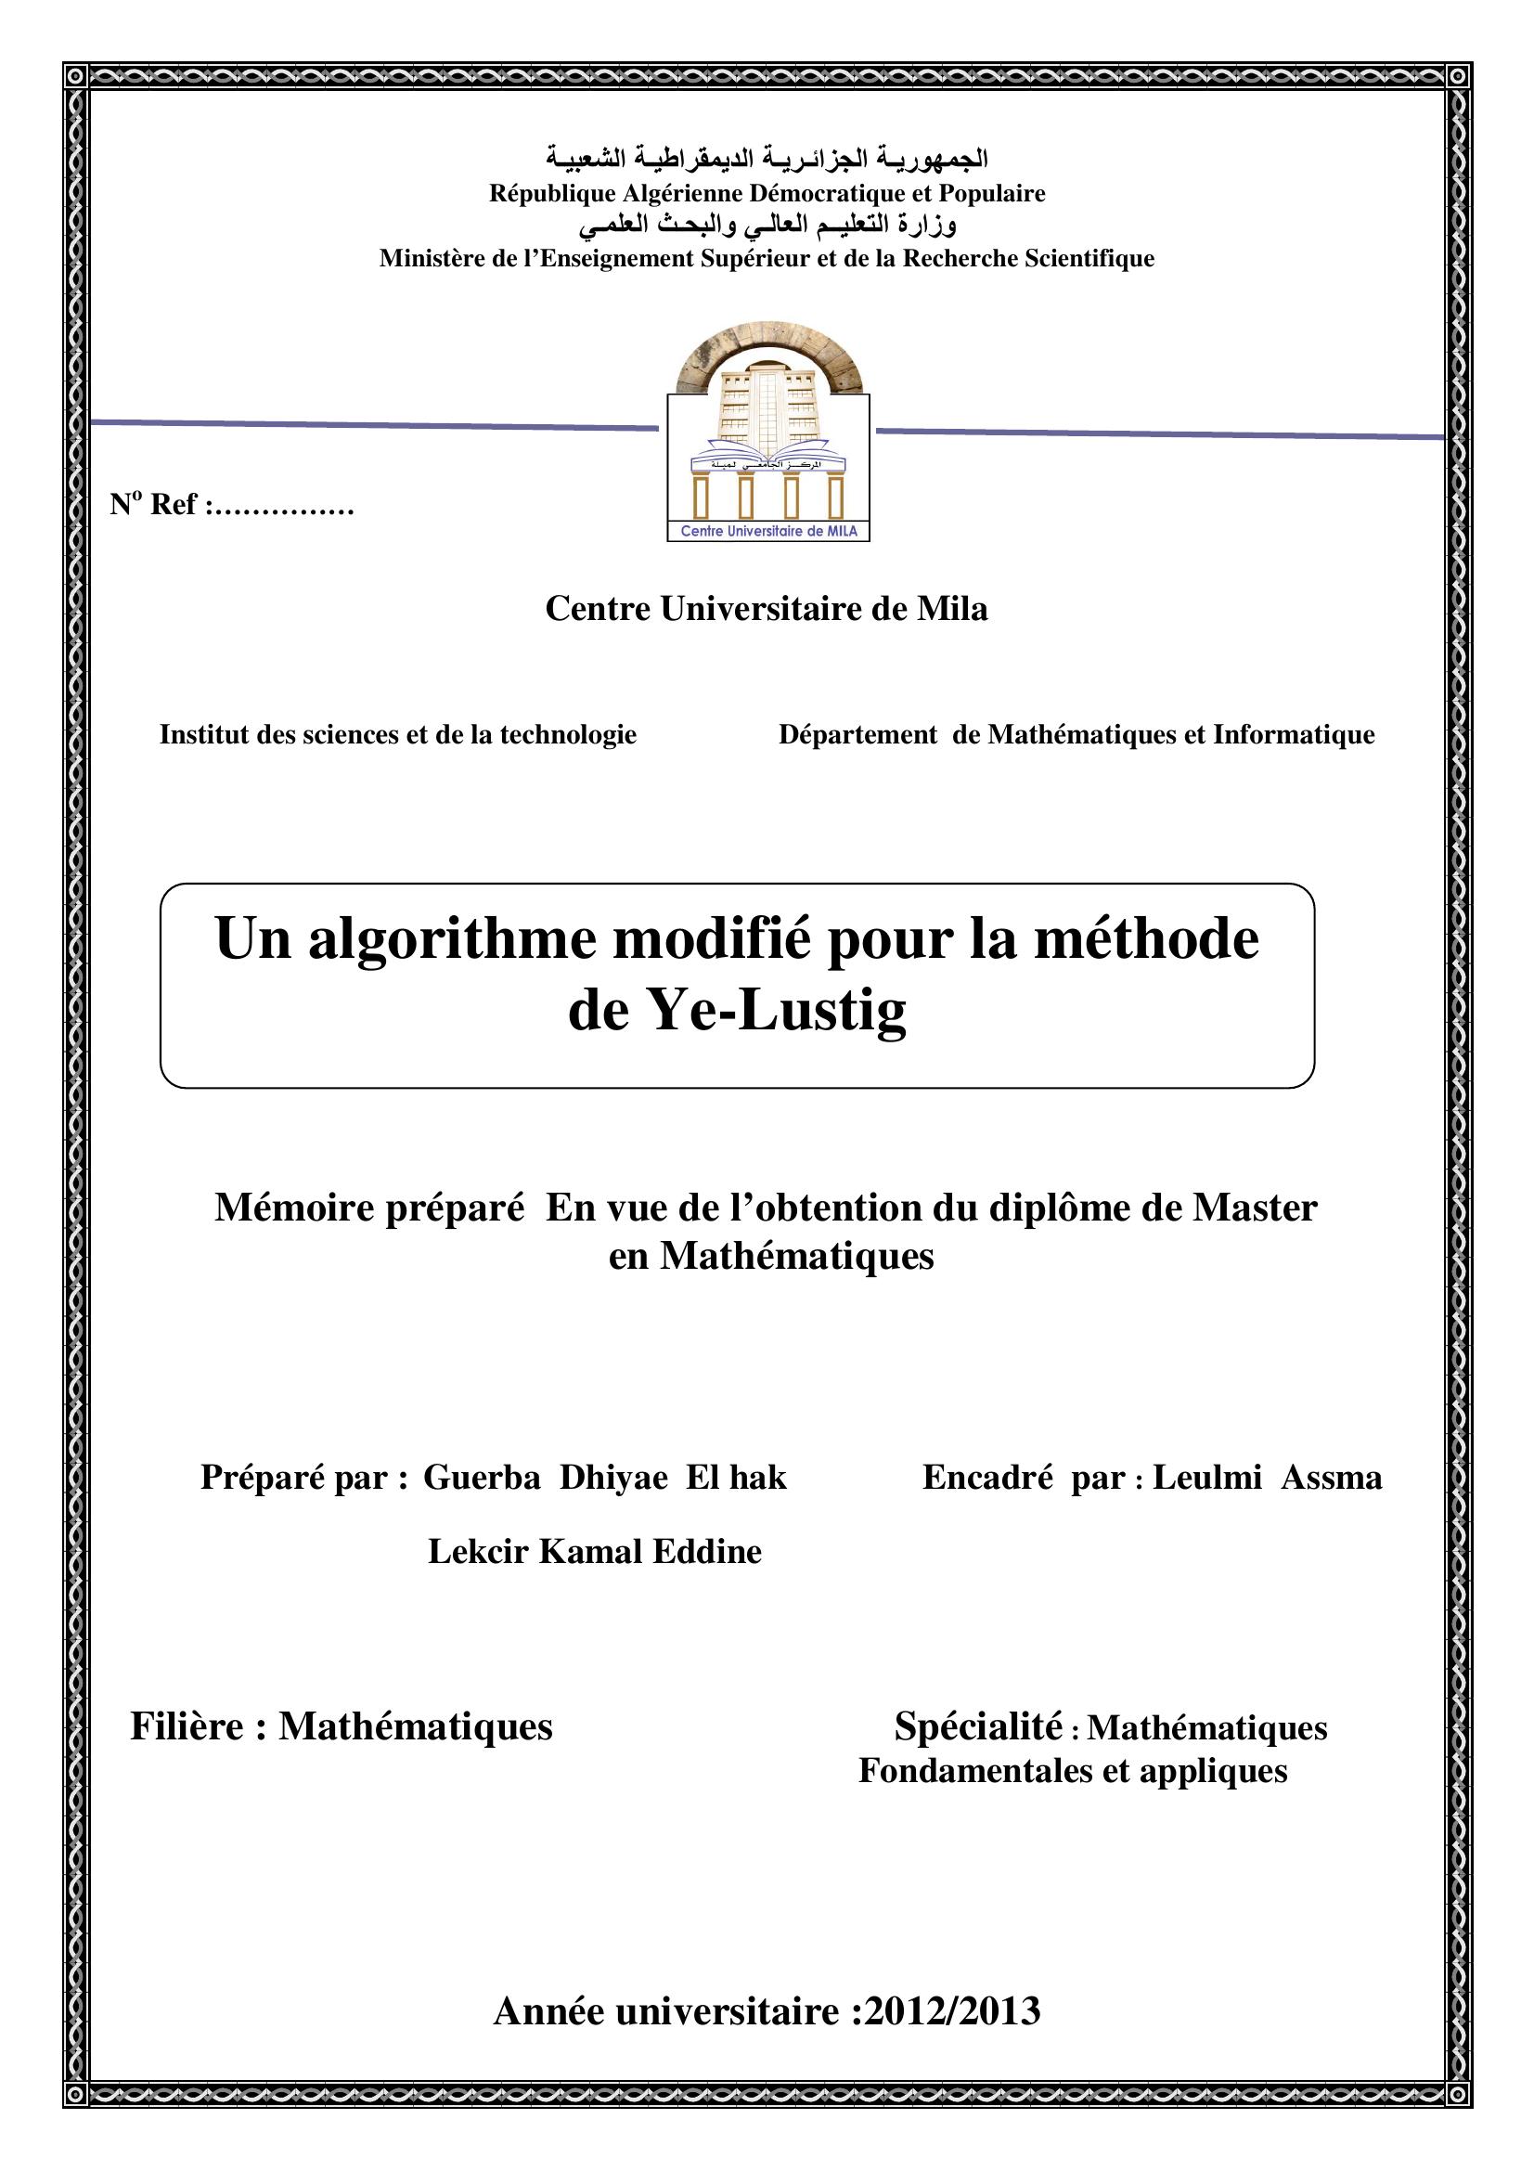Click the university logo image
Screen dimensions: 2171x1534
768,432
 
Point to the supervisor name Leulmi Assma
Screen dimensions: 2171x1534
1267,1477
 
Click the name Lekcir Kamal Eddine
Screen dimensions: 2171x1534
595,1552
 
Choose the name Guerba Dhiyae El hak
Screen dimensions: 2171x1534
604,1477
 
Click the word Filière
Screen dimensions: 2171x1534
187,1725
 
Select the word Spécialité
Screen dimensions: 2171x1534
978,1725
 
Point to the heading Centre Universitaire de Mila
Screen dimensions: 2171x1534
767,609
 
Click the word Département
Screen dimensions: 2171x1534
857,735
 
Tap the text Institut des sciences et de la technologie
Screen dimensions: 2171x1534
398,735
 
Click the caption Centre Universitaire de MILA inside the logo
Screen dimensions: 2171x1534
768,532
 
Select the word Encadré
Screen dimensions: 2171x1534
986,1477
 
